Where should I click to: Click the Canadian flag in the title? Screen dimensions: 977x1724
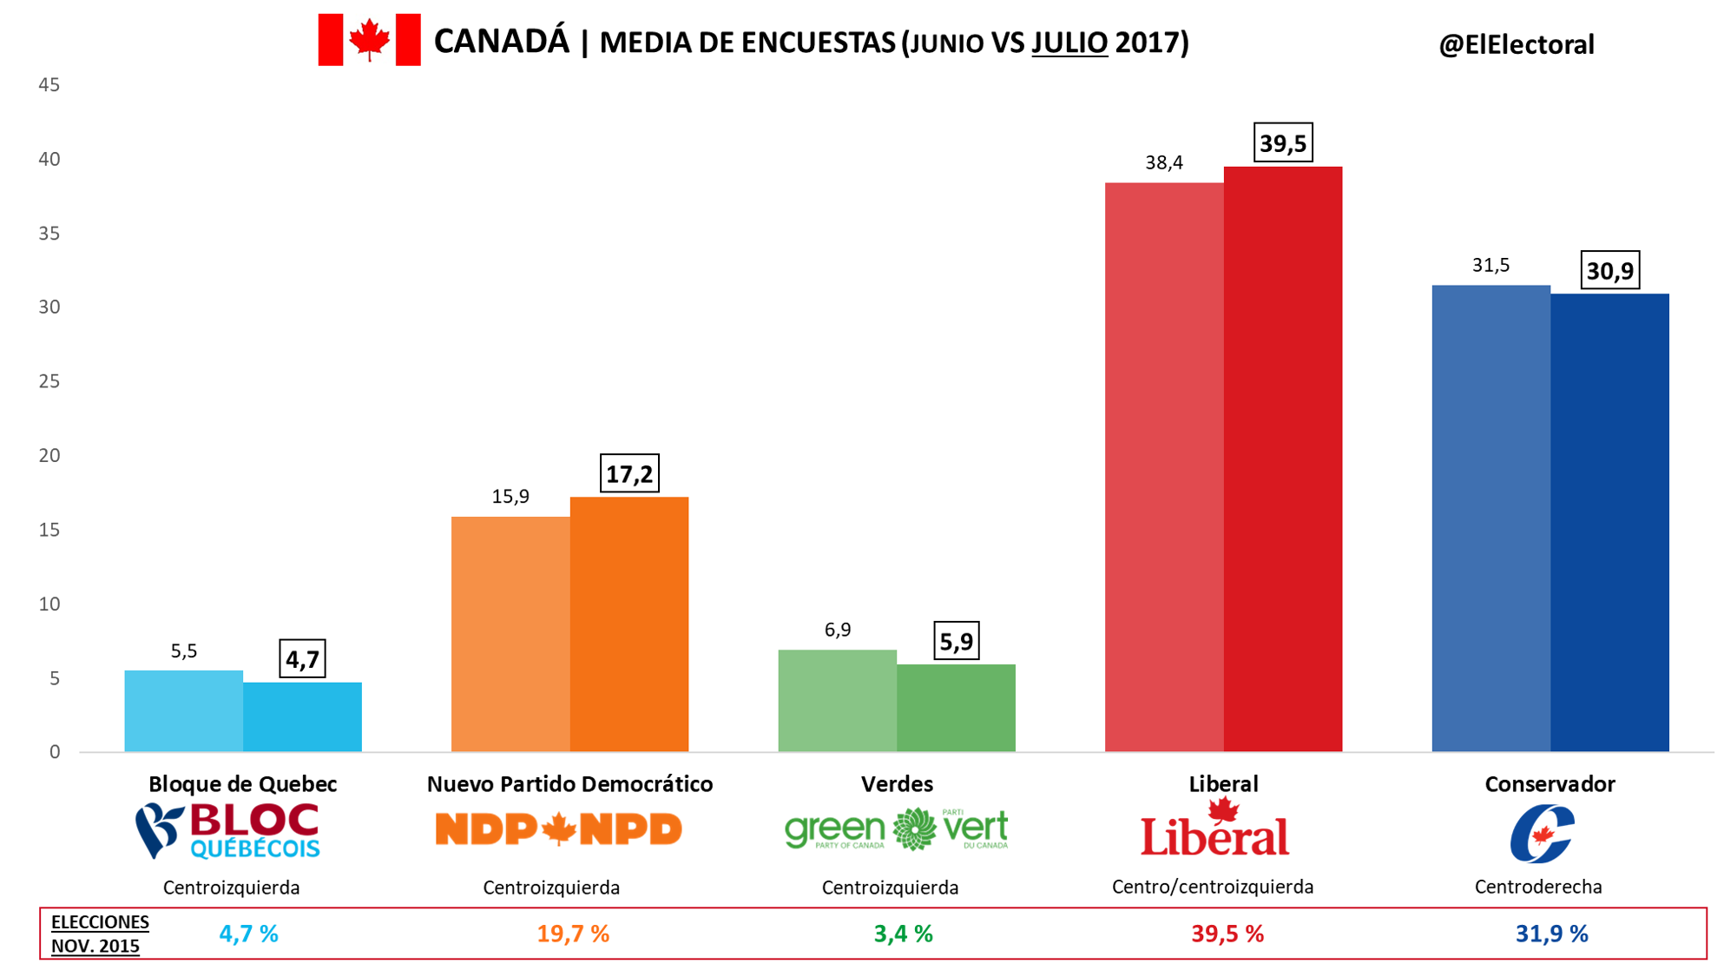369,40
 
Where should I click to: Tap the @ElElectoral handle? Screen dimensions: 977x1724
1516,44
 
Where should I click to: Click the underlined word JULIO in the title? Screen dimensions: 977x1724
1069,43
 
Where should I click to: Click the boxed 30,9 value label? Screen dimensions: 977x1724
1609,271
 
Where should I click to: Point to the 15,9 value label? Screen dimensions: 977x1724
510,497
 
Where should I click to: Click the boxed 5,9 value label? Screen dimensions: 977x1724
956,642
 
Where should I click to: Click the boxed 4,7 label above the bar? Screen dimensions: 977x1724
302,659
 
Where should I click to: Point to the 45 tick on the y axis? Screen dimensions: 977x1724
49,85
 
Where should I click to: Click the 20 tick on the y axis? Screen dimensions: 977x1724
49,455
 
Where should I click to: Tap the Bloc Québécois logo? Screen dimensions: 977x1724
228,831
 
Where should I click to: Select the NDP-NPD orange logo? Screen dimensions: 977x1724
558,829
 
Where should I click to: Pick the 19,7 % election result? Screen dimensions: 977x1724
573,934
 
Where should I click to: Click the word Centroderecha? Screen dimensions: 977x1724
1538,887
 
